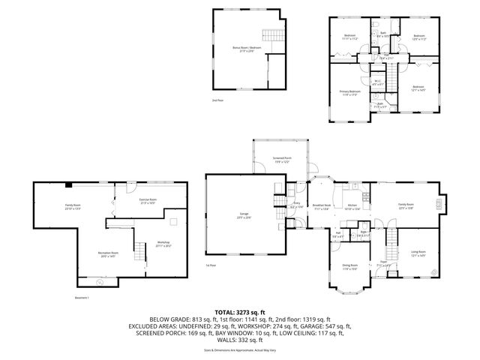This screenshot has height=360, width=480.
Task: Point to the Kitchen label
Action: pos(352,208)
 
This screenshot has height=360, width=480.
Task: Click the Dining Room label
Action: pos(350,266)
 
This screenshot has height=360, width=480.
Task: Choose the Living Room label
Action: pos(418,253)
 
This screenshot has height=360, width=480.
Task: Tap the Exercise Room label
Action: pos(147,201)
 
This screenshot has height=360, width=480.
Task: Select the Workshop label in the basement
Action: pos(163,243)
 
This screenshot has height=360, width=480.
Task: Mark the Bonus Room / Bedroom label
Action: pos(247,48)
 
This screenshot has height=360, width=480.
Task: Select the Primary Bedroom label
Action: pos(349,93)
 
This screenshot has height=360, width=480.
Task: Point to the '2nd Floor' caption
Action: pos(217,99)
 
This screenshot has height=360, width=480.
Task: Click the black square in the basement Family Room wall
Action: pos(68,184)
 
